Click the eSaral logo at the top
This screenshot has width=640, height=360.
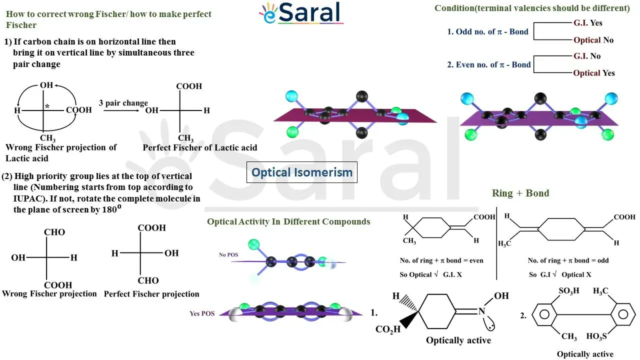pos(301,13)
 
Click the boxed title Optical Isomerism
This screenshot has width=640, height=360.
pos(301,172)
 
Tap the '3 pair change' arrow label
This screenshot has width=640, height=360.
pos(123,103)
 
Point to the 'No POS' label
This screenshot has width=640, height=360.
pos(228,254)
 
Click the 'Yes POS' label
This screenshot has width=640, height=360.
pos(202,313)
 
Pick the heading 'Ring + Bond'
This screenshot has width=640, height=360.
pos(520,193)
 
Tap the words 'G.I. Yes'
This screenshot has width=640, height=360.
pos(587,23)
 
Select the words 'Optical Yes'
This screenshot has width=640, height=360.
pos(594,73)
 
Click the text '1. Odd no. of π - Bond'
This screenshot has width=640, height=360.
pos(487,31)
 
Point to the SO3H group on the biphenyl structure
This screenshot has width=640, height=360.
pos(569,291)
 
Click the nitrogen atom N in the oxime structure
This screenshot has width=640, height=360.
pos(481,311)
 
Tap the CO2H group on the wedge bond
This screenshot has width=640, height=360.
pos(387,329)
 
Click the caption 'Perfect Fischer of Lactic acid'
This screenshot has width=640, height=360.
pos(199,147)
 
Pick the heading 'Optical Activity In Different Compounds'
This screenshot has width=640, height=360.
pos(288,221)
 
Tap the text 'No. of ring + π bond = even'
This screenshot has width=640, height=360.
pos(441,260)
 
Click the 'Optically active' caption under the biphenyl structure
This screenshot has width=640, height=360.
pos(585,354)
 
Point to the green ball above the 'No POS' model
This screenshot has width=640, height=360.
pos(253,244)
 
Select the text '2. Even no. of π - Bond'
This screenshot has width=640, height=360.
pos(489,65)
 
